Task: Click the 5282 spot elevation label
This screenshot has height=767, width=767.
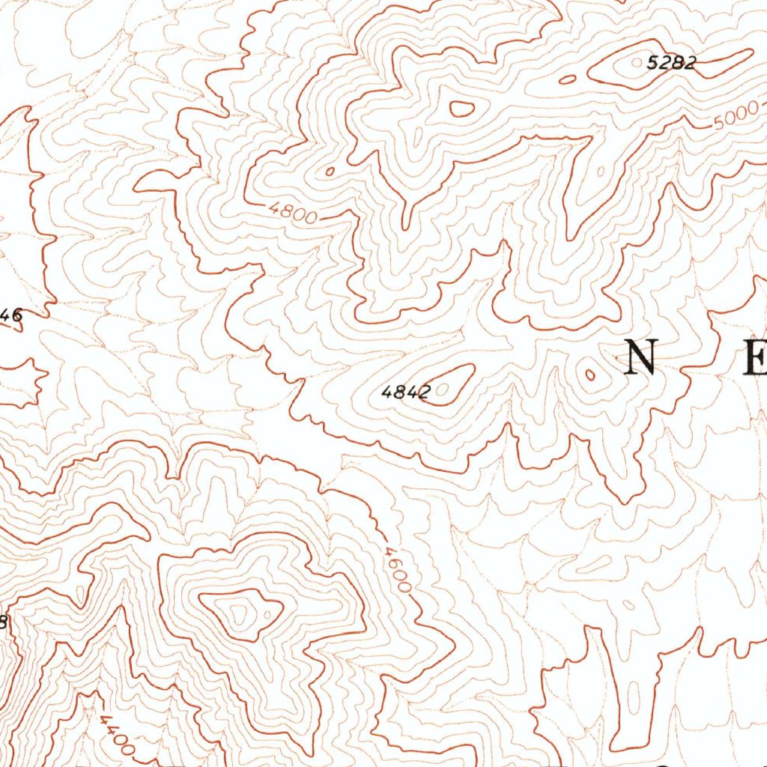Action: coord(671,64)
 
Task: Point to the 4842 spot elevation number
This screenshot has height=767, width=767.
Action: coord(404,392)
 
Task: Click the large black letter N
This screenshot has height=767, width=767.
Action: coord(641,357)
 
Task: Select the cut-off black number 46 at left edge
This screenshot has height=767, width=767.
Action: coord(10,316)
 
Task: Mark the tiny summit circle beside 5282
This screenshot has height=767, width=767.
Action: coord(637,64)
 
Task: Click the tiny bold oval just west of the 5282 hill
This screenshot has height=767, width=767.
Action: coord(568,79)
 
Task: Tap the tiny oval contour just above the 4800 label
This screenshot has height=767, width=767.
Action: coord(329,172)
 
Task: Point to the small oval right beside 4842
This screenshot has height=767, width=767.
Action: coord(446,388)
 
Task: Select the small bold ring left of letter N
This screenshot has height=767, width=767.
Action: coord(590,375)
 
